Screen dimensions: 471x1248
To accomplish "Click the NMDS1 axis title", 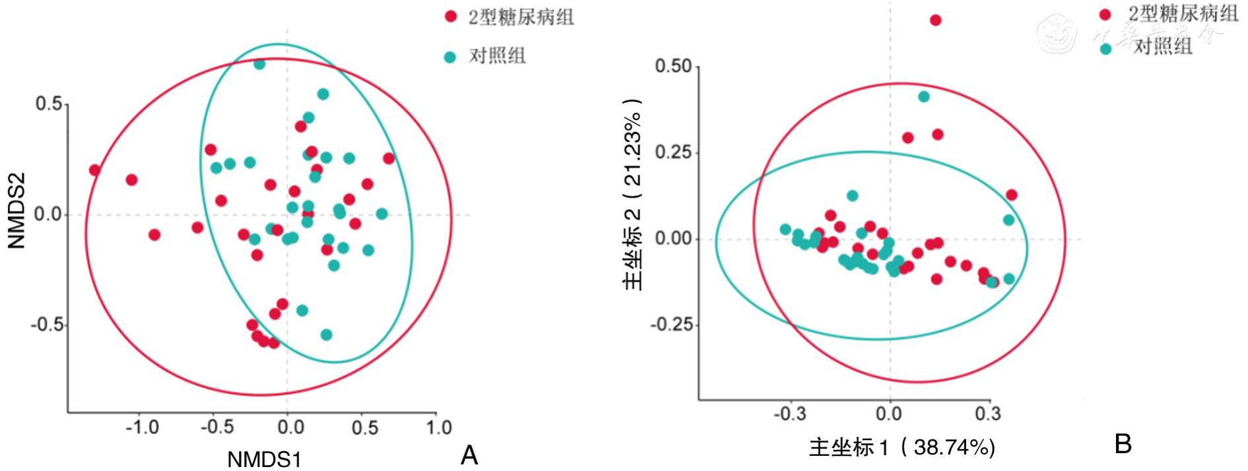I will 264,459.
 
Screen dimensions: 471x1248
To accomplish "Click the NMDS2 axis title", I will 16,210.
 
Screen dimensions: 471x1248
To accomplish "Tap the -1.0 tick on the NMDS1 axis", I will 142,427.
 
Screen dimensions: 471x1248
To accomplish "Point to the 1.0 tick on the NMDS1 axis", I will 438,427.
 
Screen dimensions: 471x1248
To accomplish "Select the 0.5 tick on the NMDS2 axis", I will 48,104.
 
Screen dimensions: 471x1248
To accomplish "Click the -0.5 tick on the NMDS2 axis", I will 46,325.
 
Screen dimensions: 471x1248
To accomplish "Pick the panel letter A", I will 469,455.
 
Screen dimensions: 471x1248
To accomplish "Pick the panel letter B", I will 1123,444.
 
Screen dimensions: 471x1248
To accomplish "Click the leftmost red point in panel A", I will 94,170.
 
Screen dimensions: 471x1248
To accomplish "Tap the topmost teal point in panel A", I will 259,64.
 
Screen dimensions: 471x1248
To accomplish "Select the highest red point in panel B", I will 935,20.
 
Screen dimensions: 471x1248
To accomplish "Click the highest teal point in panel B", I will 923,97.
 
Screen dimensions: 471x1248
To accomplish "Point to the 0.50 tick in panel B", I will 673,66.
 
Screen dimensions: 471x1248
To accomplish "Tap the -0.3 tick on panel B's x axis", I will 790,414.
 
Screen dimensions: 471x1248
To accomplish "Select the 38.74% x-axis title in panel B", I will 902,447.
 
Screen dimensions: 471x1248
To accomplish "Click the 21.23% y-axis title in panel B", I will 632,195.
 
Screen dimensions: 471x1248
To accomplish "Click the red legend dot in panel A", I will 451,16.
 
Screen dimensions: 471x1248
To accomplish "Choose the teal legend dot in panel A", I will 450,57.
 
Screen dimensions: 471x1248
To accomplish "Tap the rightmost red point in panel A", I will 389,158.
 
